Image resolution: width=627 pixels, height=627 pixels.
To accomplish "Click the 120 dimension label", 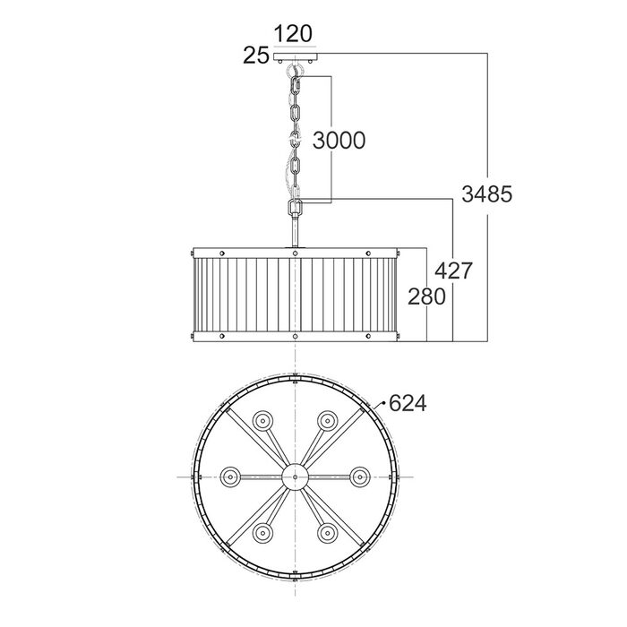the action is click(293, 34).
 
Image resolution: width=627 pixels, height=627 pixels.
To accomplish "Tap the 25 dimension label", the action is click(256, 56).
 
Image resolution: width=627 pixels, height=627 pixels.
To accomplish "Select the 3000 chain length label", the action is click(339, 141).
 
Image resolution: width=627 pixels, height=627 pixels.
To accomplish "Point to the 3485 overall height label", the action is click(486, 194).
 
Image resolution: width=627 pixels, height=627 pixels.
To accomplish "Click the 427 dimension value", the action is click(453, 271).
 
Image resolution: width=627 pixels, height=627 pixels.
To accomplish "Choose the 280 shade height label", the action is click(426, 296).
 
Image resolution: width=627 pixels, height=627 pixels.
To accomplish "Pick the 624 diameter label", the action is click(408, 403).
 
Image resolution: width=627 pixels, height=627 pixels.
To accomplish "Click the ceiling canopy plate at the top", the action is click(295, 56).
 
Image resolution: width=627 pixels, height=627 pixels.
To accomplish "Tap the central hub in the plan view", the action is click(295, 477).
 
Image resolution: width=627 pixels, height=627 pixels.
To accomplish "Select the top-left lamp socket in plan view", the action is click(262, 421).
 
